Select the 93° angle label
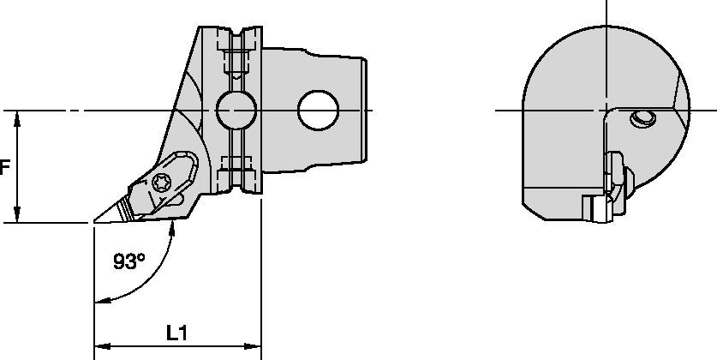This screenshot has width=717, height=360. (x=128, y=261)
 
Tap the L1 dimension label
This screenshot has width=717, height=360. (x=176, y=333)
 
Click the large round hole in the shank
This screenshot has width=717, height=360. (x=317, y=110)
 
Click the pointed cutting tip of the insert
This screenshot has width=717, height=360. (x=94, y=223)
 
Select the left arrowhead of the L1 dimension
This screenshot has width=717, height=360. (x=100, y=346)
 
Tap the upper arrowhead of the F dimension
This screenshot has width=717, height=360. (x=17, y=117)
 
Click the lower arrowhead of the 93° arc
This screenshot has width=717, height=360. (x=102, y=300)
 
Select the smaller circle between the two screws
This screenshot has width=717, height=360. (x=236, y=110)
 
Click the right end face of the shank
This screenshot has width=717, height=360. (x=368, y=110)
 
